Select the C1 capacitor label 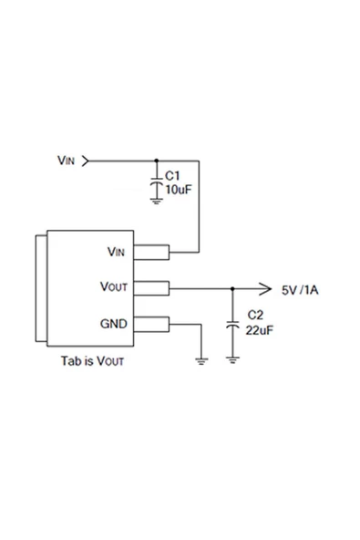(x=172, y=177)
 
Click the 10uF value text (x=177, y=189)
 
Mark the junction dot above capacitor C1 (x=157, y=161)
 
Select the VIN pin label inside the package (x=116, y=252)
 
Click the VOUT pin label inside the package (x=114, y=287)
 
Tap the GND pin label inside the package (x=114, y=324)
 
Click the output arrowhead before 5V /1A (x=265, y=288)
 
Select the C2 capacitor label (x=254, y=316)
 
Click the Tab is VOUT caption (x=92, y=360)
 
